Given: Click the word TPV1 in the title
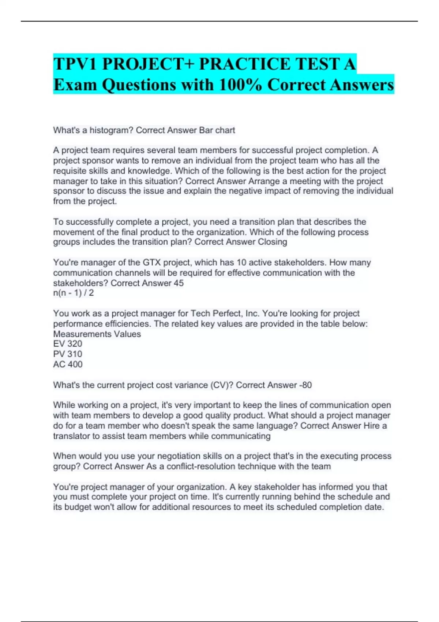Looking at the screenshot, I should point(76,64).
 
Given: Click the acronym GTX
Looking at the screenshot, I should point(151,262).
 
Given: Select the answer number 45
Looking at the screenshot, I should point(179,283).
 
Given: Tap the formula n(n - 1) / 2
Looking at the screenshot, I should point(74,293).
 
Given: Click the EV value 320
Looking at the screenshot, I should point(75,344).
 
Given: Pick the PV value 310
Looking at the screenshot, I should point(75,354).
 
